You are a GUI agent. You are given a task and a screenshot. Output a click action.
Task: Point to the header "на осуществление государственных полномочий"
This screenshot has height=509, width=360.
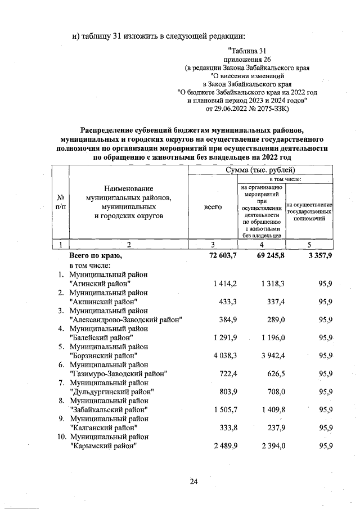pos(310,211)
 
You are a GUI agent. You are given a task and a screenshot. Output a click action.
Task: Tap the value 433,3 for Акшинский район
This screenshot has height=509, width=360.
pos(228,301)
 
